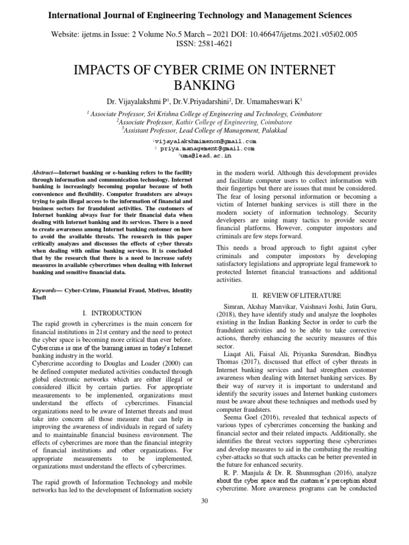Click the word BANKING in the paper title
coord(204,85)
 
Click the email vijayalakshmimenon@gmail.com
coord(206,142)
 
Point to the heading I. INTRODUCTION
coord(112,313)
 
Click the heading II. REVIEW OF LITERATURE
coord(296,295)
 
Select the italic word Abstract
coord(45,174)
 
